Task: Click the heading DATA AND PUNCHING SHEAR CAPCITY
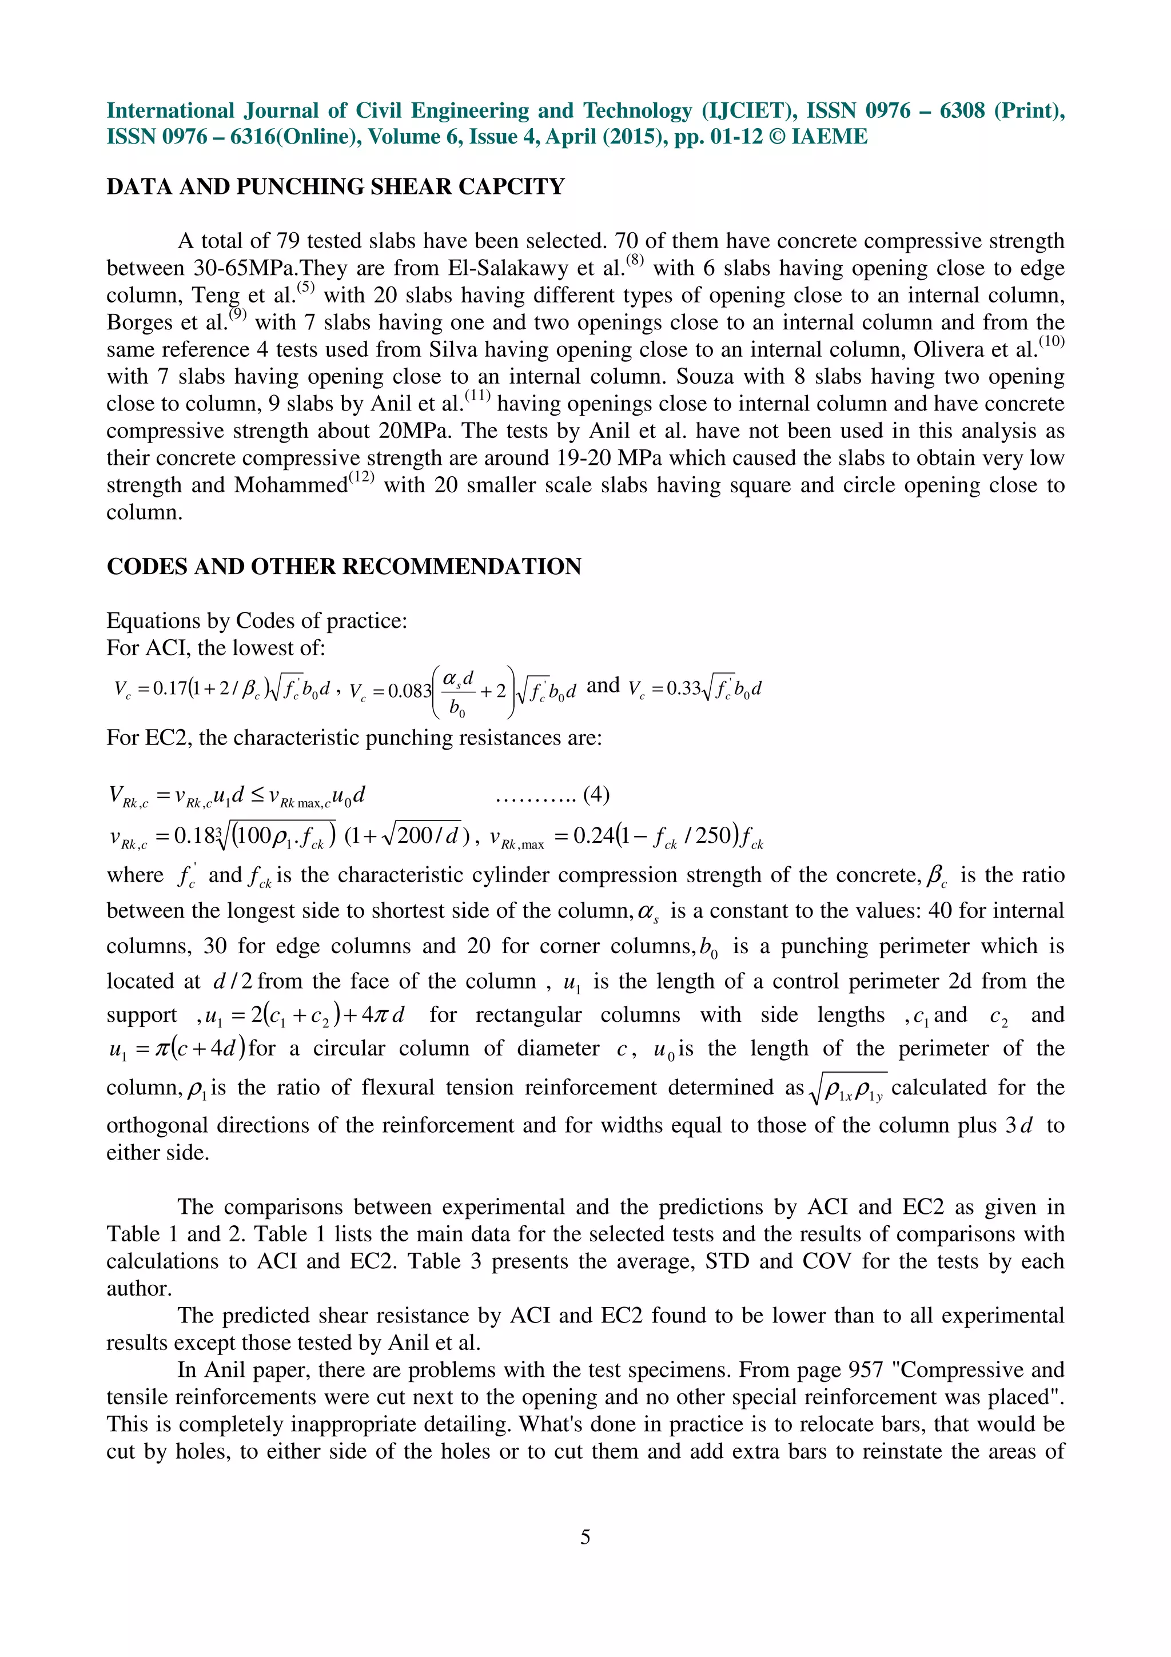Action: [x=336, y=187]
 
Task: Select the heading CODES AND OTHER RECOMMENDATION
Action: [x=344, y=567]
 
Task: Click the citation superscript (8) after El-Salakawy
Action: [x=635, y=260]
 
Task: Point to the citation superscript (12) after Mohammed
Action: [x=361, y=476]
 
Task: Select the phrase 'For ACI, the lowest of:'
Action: [x=216, y=648]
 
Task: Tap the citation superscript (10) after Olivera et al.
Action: [x=1052, y=341]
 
